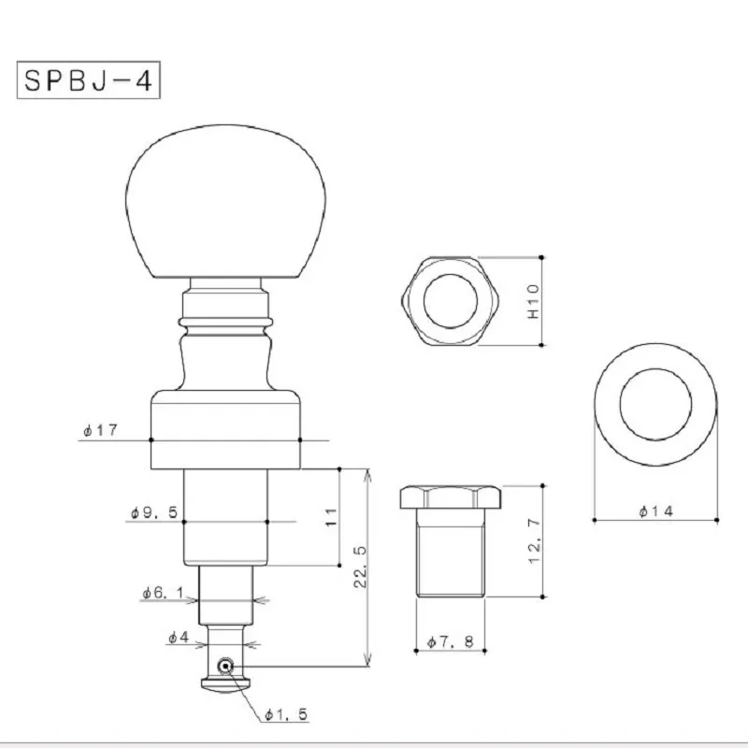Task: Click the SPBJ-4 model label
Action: point(88,80)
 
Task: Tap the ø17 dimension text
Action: point(100,430)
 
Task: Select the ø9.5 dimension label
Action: point(154,512)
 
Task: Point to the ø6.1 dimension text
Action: point(163,593)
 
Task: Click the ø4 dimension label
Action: point(179,637)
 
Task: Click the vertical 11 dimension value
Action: point(331,518)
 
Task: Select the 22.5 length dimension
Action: point(361,567)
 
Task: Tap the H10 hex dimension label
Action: point(533,301)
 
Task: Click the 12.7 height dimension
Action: point(535,541)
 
